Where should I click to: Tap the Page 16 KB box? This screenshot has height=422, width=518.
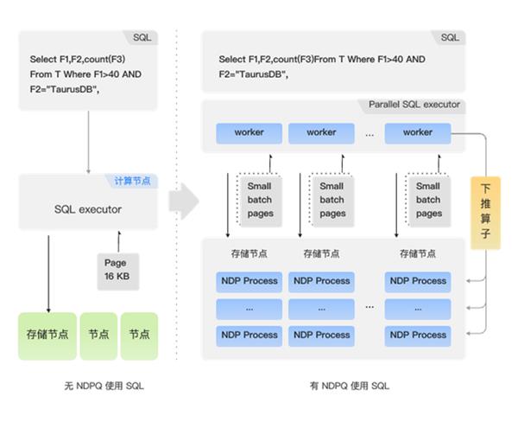click(x=115, y=269)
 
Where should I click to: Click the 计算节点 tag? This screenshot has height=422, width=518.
click(x=132, y=181)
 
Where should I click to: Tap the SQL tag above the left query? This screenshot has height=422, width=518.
click(x=141, y=38)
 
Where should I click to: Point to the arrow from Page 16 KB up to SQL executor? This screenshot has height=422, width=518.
click(x=115, y=241)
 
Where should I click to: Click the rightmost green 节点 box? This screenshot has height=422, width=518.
click(x=139, y=334)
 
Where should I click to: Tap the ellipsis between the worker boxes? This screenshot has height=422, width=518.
click(x=370, y=134)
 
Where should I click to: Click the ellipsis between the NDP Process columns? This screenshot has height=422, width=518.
click(x=370, y=307)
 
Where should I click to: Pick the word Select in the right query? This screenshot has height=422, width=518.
click(x=232, y=60)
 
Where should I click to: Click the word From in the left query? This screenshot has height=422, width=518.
click(x=41, y=74)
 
